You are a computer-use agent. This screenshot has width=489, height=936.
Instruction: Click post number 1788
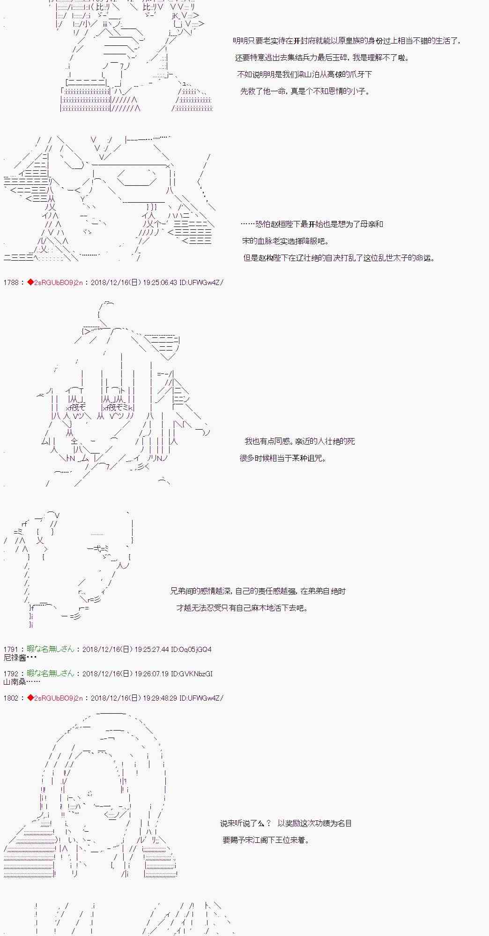click(x=10, y=282)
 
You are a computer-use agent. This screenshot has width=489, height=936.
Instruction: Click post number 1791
click(x=10, y=649)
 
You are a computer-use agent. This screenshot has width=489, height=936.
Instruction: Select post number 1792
click(x=10, y=673)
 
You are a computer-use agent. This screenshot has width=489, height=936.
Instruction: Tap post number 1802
click(x=10, y=698)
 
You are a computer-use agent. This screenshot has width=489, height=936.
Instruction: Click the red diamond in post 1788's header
click(x=30, y=282)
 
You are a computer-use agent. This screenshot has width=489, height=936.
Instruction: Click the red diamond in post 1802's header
click(x=30, y=698)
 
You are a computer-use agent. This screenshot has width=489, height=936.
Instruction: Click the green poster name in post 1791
click(x=51, y=649)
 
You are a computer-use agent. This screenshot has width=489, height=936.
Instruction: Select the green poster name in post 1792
click(x=51, y=673)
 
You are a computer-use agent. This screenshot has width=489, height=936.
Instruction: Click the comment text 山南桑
click(x=15, y=681)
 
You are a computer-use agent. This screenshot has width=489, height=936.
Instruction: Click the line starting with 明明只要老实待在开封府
click(x=347, y=41)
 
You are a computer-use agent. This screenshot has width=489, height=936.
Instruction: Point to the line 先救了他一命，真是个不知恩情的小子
click(x=305, y=92)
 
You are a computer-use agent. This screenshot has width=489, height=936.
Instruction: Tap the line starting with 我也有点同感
click(x=300, y=441)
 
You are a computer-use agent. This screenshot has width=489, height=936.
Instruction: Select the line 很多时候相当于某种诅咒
click(x=283, y=458)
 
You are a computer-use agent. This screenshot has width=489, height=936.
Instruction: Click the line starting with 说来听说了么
click(x=286, y=823)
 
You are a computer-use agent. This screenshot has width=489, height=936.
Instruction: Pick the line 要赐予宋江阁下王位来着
click(x=266, y=840)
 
